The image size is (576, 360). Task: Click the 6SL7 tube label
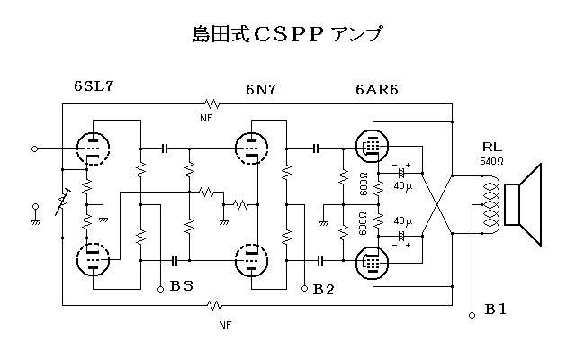tap(94, 87)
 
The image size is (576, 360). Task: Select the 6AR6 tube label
tap(377, 90)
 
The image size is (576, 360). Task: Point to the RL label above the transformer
tap(493, 147)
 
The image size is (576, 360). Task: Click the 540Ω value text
tap(493, 162)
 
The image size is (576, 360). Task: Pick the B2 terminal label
tap(323, 289)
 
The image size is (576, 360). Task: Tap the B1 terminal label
tap(496, 310)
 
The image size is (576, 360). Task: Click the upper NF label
tap(206, 117)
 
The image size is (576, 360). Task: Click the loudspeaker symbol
tap(525, 205)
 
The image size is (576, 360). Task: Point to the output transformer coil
tap(490, 205)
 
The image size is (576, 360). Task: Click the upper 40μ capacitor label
tap(402, 186)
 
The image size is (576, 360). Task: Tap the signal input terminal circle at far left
tap(35, 148)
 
